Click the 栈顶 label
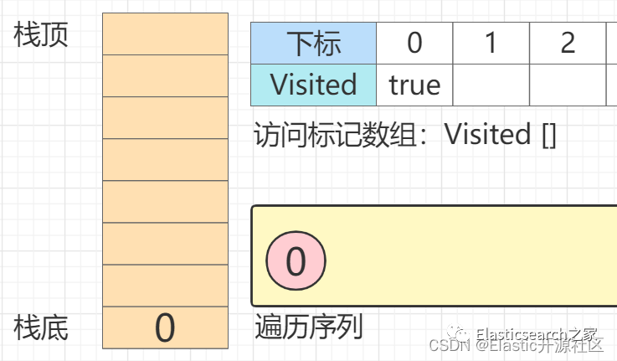pos(41,35)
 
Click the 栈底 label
pos(41,327)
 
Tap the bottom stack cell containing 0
pos(165,327)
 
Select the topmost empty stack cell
pos(165,34)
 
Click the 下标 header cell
pos(313,43)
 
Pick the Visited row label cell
pos(313,85)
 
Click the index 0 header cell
pos(414,43)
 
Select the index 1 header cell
pos(491,43)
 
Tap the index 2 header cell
pos(568,43)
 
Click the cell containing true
pos(414,85)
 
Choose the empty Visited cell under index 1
pos(491,85)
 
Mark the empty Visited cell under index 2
pos(568,85)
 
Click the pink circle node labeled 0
pos(296,261)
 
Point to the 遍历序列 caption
pos(308,327)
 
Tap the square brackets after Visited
pos(548,135)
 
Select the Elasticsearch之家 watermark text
pos(536,333)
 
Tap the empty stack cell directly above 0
pos(165,286)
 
